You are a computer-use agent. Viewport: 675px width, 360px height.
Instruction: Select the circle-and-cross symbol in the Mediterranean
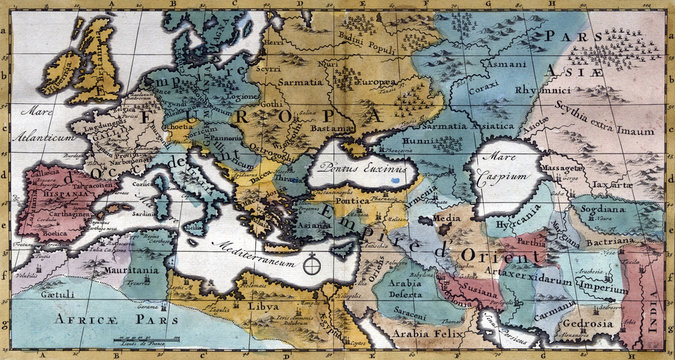pyautogui.click(x=313, y=266)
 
